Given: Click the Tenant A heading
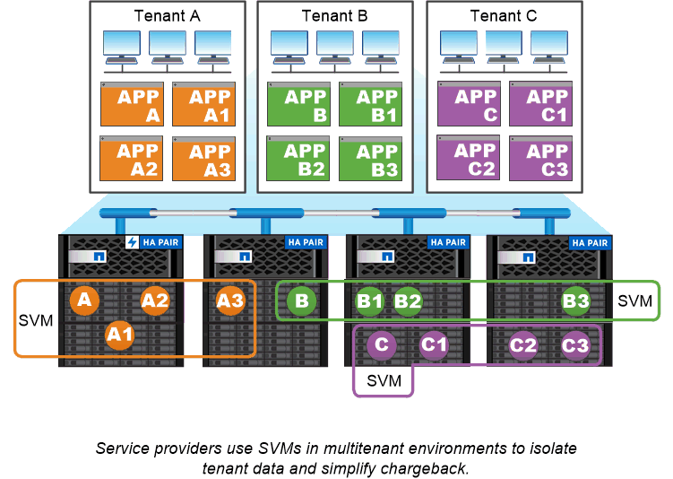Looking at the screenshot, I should pyautogui.click(x=168, y=15).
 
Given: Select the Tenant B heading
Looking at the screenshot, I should pyautogui.click(x=335, y=15).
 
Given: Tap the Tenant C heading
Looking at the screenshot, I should pyautogui.click(x=504, y=15).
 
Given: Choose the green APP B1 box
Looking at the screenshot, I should pyautogui.click(x=371, y=104).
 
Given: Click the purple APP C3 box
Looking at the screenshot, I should pyautogui.click(x=540, y=158).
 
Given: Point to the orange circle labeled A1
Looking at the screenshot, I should pyautogui.click(x=119, y=335).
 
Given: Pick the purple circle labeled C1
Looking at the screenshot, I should pyautogui.click(x=435, y=344).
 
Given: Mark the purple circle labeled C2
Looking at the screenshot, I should pyautogui.click(x=524, y=344).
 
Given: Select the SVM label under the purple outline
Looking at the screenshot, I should pyautogui.click(x=384, y=381).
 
